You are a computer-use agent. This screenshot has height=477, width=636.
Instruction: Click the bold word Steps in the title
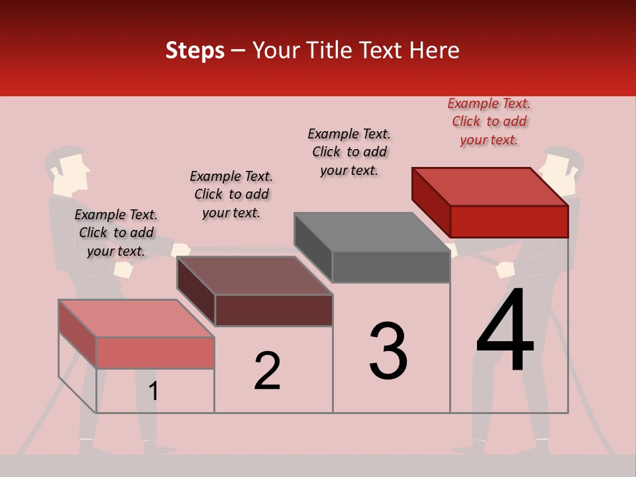click(195, 50)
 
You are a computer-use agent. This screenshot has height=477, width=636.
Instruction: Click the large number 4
click(505, 331)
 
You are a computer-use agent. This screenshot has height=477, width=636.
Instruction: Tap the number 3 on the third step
click(388, 350)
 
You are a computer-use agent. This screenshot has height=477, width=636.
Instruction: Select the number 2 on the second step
click(268, 370)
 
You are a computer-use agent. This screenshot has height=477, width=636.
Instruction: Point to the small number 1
click(154, 391)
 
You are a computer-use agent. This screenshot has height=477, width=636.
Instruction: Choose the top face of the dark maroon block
click(254, 276)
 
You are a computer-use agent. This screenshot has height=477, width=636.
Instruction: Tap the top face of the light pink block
click(136, 319)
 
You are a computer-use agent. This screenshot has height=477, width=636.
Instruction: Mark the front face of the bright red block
click(509, 221)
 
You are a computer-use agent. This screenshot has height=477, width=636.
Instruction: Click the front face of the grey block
click(391, 267)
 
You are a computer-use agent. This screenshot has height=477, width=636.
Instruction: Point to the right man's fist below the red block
click(505, 269)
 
